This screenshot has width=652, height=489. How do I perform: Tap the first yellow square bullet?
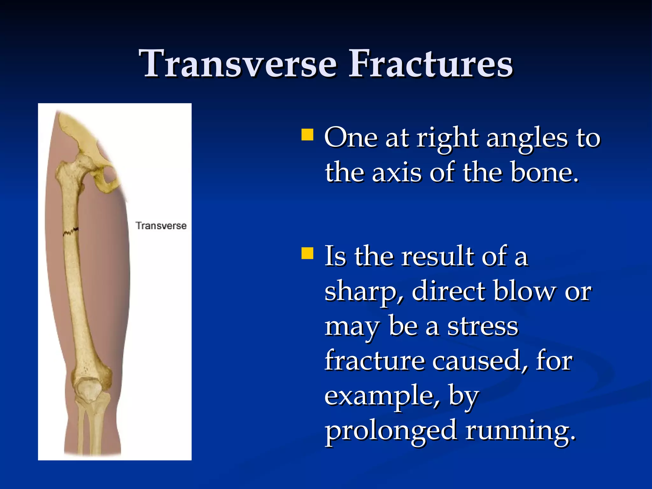[x=307, y=135]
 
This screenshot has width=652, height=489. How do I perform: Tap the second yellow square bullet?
[x=307, y=254]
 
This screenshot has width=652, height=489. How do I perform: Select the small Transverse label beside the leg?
[x=161, y=226]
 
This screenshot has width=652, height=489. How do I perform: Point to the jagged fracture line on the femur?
[x=70, y=232]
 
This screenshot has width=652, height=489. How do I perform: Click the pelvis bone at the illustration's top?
[x=80, y=134]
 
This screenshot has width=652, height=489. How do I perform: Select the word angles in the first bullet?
[x=527, y=138]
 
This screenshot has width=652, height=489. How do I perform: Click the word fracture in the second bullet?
[x=374, y=361]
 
